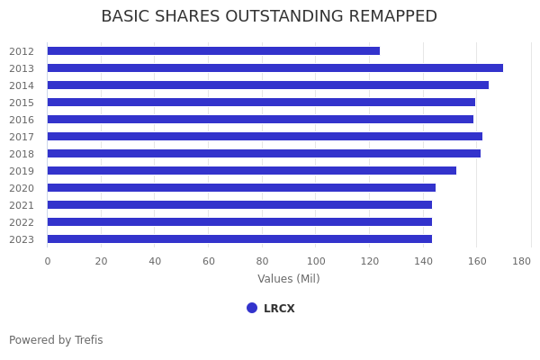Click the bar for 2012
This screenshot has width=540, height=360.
213,51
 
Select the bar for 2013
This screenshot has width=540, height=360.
274,68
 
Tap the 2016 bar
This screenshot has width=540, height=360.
260,120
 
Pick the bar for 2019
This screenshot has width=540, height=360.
251,171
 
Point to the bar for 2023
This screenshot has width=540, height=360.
239,239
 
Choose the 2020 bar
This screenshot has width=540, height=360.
241,188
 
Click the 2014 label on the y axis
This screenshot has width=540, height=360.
22,85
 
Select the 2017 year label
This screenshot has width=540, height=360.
22,137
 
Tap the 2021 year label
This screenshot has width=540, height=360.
22,205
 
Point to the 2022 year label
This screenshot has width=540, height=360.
22,222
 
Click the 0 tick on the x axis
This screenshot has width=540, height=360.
48,261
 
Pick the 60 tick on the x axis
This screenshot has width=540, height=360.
209,261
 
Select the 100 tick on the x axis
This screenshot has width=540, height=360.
315,261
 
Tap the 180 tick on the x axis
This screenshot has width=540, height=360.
522,261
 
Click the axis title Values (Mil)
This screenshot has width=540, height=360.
289,279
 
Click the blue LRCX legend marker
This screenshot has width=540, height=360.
252,308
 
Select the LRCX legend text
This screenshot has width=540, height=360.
279,309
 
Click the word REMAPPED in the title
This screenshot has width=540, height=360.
388,17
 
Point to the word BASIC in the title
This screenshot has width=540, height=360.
124,17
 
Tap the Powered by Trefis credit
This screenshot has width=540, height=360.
56,340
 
